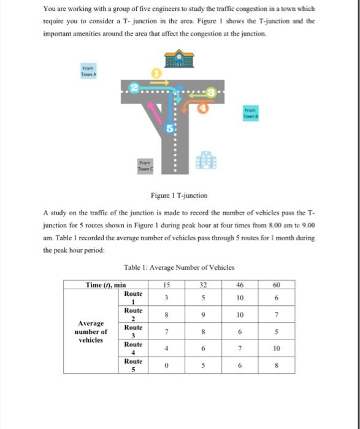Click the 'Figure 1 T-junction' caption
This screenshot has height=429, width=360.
tap(179, 196)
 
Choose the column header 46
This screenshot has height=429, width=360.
tap(240, 284)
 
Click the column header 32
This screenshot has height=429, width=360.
tap(202, 284)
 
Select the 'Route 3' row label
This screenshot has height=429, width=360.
tap(133, 332)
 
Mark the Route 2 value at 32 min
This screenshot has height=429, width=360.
tap(202, 315)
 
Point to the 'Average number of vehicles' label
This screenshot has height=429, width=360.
tap(91, 332)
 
